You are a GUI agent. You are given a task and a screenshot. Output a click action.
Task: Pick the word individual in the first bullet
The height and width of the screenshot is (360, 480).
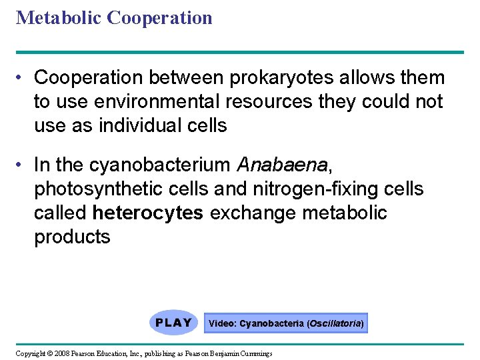tap(137, 125)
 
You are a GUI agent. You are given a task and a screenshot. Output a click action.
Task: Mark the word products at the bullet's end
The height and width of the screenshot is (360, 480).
tap(72, 237)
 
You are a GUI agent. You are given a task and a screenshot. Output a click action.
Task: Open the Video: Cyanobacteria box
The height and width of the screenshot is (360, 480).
tap(286, 323)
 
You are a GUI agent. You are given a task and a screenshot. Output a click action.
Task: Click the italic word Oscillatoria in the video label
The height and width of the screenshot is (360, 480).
tap(334, 323)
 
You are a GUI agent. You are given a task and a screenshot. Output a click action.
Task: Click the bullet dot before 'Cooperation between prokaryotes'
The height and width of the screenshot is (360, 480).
tap(21, 78)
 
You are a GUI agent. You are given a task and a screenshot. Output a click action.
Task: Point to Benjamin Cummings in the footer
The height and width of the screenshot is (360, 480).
tap(247, 353)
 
